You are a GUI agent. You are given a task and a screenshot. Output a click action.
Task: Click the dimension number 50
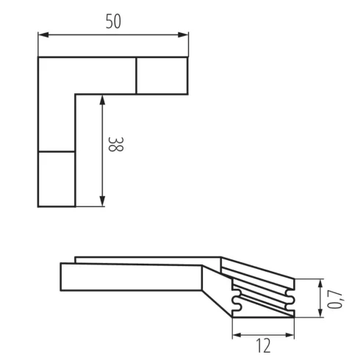pos(113,21)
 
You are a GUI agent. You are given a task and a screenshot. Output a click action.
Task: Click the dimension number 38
pos(115,144)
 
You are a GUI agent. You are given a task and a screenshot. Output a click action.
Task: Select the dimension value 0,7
pos(336,299)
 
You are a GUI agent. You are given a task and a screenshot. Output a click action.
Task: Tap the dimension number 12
pos(264,345)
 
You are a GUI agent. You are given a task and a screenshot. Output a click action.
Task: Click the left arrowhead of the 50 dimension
pos(43,35)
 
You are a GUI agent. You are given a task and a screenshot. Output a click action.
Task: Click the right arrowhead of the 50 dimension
pos(183,35)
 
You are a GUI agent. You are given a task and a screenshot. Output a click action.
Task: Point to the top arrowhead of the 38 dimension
pos(102,100)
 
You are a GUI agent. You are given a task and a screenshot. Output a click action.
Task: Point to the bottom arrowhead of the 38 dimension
pos(102,201)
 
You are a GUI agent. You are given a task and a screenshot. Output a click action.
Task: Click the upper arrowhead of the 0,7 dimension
pos(320,284)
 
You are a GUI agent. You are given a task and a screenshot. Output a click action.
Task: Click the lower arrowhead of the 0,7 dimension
pos(320,312)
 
